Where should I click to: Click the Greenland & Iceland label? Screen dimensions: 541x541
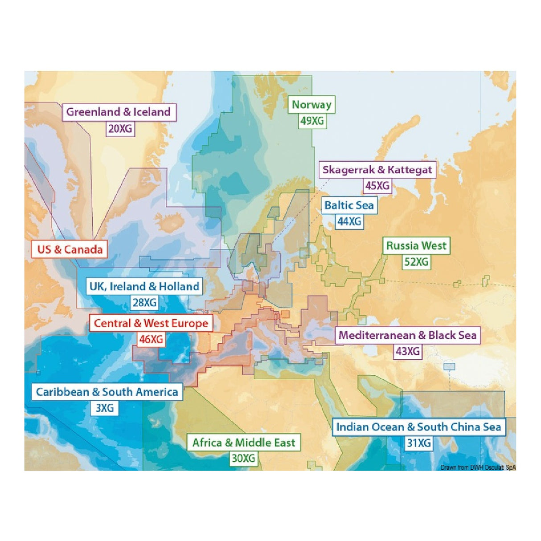119,112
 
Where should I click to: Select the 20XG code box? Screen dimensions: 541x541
120,129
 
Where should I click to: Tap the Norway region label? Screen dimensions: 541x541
311,105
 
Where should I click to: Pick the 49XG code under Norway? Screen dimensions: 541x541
312,121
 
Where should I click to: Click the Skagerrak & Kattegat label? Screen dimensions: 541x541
377,170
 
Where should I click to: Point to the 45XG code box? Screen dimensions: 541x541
377,186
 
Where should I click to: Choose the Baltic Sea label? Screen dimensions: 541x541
349,205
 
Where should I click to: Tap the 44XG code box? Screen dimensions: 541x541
349,221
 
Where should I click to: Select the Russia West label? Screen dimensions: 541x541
416,246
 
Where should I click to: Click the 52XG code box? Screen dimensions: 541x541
416,262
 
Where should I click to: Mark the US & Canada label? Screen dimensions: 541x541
70,250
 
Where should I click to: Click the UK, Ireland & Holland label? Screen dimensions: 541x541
144,286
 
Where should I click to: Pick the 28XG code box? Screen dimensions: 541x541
144,303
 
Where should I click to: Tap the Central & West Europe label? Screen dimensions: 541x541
151,323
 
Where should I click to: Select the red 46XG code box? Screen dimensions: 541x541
151,339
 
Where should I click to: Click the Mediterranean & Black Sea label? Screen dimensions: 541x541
408,335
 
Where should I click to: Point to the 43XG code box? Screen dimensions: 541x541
408,352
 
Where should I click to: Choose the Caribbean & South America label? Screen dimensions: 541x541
107,392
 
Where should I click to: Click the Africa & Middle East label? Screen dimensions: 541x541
243,443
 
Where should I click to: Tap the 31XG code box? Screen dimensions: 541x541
418,443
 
